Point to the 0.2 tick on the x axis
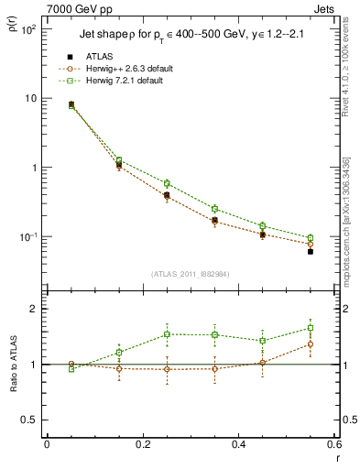click(x=143, y=442)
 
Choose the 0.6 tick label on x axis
click(x=333, y=442)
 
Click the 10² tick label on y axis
click(x=27, y=29)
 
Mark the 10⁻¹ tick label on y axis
click(x=27, y=237)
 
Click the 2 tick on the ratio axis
click(x=32, y=310)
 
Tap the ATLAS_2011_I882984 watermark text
click(x=190, y=273)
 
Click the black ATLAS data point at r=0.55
click(x=311, y=251)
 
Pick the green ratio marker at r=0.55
click(x=311, y=328)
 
